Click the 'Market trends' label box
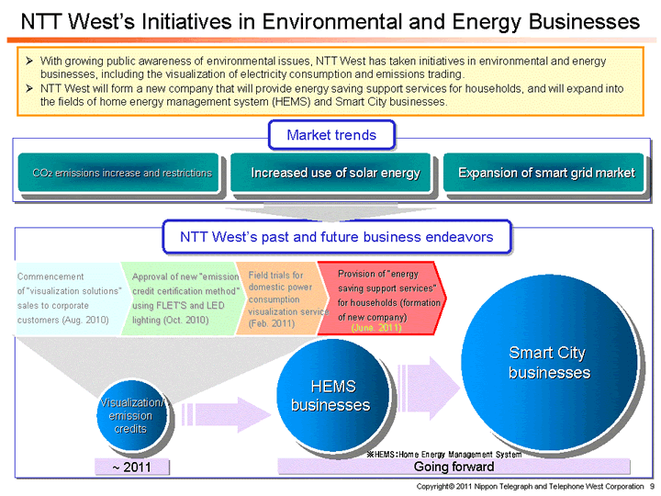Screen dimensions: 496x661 point(330,135)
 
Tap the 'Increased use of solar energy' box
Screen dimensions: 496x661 point(335,173)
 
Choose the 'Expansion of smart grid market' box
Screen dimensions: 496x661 point(546,173)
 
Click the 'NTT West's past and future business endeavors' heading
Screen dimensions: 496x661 point(336,237)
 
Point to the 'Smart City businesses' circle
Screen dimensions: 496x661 point(549,363)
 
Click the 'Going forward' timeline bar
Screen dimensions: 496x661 point(454,468)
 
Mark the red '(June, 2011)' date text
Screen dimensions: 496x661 point(376,328)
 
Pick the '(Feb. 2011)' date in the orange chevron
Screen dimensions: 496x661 point(271,323)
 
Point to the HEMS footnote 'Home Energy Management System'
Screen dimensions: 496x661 point(444,454)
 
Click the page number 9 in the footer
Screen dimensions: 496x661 point(650,485)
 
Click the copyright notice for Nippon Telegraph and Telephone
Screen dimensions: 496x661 point(530,485)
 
